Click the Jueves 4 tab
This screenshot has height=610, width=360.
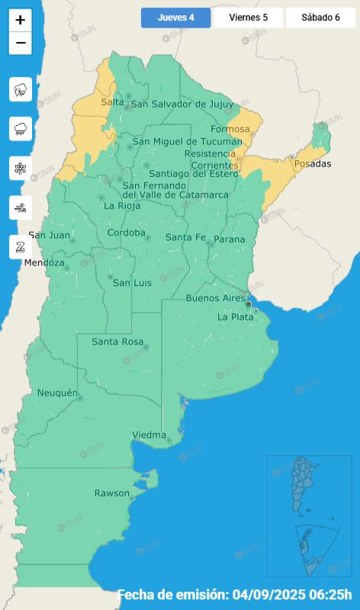(x=175, y=18)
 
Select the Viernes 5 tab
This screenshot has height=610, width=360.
(x=248, y=18)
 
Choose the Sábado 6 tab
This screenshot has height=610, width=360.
(x=320, y=18)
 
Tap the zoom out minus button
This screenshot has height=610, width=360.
(x=21, y=43)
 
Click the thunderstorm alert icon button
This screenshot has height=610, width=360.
(x=21, y=89)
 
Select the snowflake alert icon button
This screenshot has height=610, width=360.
(x=21, y=168)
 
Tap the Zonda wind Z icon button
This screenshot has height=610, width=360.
(x=21, y=246)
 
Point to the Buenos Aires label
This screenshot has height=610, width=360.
(x=216, y=298)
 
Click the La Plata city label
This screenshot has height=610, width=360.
(x=233, y=316)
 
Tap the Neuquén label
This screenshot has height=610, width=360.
(x=57, y=393)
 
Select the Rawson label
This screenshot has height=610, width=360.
(x=111, y=493)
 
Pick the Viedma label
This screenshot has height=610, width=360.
(x=149, y=435)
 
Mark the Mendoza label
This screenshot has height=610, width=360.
(x=44, y=263)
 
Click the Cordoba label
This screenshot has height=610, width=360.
(x=127, y=233)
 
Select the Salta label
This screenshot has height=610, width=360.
(x=112, y=102)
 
